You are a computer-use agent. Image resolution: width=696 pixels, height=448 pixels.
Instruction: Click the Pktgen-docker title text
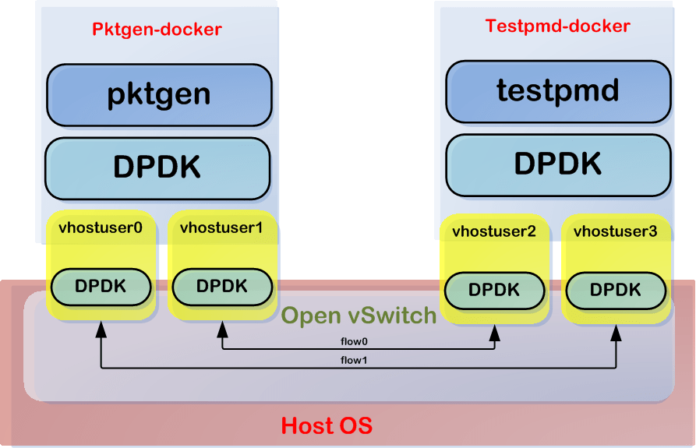[x=157, y=30]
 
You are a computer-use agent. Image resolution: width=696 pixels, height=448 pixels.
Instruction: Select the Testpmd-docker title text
[x=557, y=26]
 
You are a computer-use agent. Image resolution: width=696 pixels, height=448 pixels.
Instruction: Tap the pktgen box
[x=159, y=95]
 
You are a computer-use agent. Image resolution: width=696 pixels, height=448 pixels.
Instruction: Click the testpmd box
[x=558, y=91]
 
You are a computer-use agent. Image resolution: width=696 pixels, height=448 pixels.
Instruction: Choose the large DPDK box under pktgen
[x=157, y=168]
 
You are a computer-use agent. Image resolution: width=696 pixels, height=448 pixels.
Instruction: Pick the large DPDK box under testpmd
[x=558, y=165]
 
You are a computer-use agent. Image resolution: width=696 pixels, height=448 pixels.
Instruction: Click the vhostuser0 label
[x=101, y=228]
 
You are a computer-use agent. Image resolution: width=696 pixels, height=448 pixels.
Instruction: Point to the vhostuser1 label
[x=221, y=228]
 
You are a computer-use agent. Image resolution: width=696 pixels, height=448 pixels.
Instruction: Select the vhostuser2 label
[x=494, y=231]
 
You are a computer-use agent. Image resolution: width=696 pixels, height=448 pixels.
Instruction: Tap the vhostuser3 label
[x=615, y=231]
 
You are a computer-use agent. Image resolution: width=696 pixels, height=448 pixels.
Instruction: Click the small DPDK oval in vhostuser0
[x=101, y=287]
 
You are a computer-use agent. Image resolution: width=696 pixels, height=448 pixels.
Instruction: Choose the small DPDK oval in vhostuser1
[x=222, y=287]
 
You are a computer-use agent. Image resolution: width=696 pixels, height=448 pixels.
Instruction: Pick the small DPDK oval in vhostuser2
[x=494, y=290]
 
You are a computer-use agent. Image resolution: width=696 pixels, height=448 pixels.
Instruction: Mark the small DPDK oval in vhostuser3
[x=616, y=290]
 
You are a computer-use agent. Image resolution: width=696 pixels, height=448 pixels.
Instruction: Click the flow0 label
[x=354, y=341]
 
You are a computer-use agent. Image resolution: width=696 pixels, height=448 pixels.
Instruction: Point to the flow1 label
[x=354, y=360]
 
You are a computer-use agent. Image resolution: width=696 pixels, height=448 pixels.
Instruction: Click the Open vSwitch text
[x=359, y=316]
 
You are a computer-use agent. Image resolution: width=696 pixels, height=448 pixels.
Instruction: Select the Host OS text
[x=327, y=425]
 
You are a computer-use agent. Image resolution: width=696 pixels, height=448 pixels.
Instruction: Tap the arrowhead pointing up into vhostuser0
[x=101, y=330]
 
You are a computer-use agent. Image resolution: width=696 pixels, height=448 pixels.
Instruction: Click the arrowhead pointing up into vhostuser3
[x=616, y=333]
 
